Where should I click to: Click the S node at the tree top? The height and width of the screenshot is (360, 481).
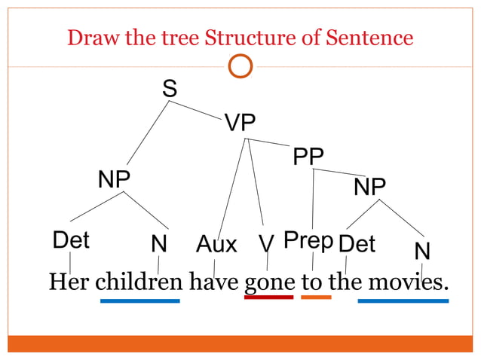click(x=170, y=89)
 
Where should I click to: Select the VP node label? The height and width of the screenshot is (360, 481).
click(x=240, y=123)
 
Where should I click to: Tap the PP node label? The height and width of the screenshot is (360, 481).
click(x=308, y=157)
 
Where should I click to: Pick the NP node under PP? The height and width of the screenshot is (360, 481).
click(x=369, y=186)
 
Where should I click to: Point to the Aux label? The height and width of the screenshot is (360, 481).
click(x=216, y=244)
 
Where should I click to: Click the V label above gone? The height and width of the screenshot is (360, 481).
click(x=265, y=244)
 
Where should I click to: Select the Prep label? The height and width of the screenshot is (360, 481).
click(x=308, y=241)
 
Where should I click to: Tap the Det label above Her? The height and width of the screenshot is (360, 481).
click(x=71, y=241)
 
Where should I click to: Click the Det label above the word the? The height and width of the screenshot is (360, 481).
click(x=357, y=244)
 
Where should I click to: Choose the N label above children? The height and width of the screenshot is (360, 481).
click(x=158, y=245)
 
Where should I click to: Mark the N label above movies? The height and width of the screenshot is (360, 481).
click(x=422, y=251)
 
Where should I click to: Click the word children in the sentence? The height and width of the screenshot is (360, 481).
click(x=139, y=282)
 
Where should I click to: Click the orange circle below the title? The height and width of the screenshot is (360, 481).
click(x=240, y=67)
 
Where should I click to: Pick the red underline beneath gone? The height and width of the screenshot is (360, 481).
click(x=268, y=297)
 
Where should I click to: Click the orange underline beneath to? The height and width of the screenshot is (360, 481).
click(x=316, y=297)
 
